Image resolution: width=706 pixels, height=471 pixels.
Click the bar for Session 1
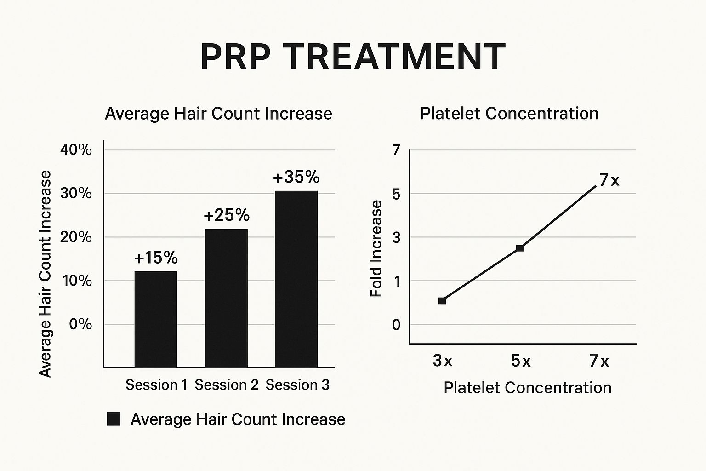155,319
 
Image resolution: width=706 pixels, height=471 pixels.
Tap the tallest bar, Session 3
296,279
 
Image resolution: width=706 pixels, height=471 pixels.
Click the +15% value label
156,258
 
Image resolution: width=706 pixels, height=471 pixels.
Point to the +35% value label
296,177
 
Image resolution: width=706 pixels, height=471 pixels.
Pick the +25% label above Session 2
227,215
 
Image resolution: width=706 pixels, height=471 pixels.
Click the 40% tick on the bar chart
76,150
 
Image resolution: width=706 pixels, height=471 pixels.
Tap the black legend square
114,419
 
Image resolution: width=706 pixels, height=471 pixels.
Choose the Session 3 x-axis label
297,385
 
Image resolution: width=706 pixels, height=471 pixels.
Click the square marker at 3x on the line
442,301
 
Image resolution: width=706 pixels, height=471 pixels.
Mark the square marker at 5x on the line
520,248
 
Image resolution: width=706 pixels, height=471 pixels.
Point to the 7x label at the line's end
609,180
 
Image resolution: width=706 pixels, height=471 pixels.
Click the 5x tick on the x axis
521,362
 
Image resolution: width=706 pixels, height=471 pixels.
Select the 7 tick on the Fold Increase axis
396,150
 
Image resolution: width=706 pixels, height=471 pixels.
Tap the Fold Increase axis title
376,248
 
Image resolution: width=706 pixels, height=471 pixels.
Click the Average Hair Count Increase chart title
218,114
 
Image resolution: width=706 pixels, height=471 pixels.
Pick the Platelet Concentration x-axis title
527,388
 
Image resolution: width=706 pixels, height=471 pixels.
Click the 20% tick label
76,237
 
